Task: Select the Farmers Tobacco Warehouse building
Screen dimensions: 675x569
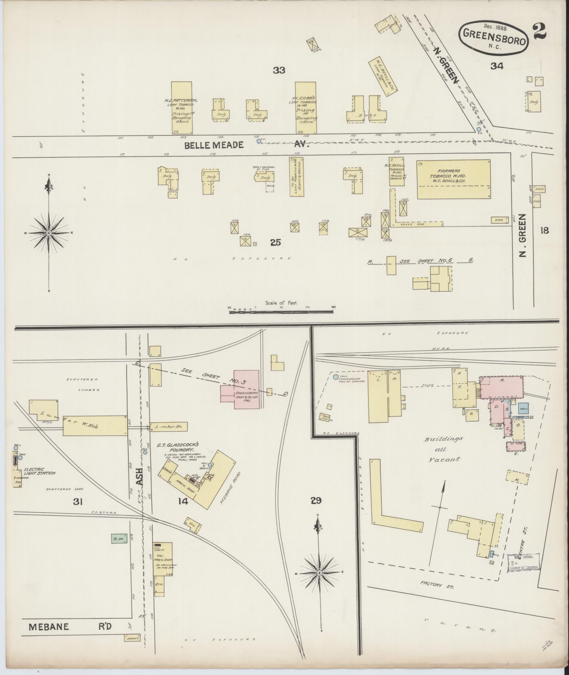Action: (453, 179)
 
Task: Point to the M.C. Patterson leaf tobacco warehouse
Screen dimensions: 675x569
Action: (182, 108)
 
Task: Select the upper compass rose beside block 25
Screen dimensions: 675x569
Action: (49, 233)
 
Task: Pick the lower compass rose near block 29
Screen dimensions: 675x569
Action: (319, 572)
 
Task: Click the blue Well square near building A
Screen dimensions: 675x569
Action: (523, 408)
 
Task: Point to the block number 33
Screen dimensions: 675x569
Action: (279, 70)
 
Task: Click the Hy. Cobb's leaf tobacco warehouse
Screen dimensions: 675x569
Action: (305, 108)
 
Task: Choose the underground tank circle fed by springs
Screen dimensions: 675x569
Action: (335, 377)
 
